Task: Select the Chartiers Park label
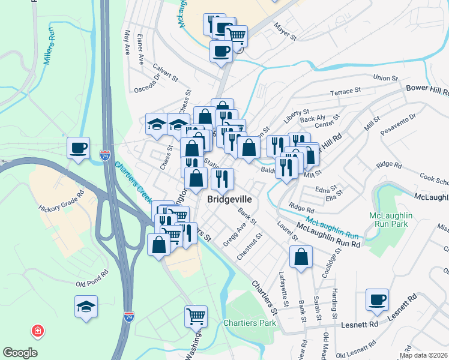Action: (250, 323)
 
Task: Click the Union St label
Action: (386, 78)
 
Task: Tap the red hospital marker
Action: (37, 331)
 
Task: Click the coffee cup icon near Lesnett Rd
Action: (378, 299)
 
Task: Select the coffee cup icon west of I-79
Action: (79, 148)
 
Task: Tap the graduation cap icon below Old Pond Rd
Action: (86, 306)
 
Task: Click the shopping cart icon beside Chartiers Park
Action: (196, 316)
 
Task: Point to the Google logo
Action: (20, 353)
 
